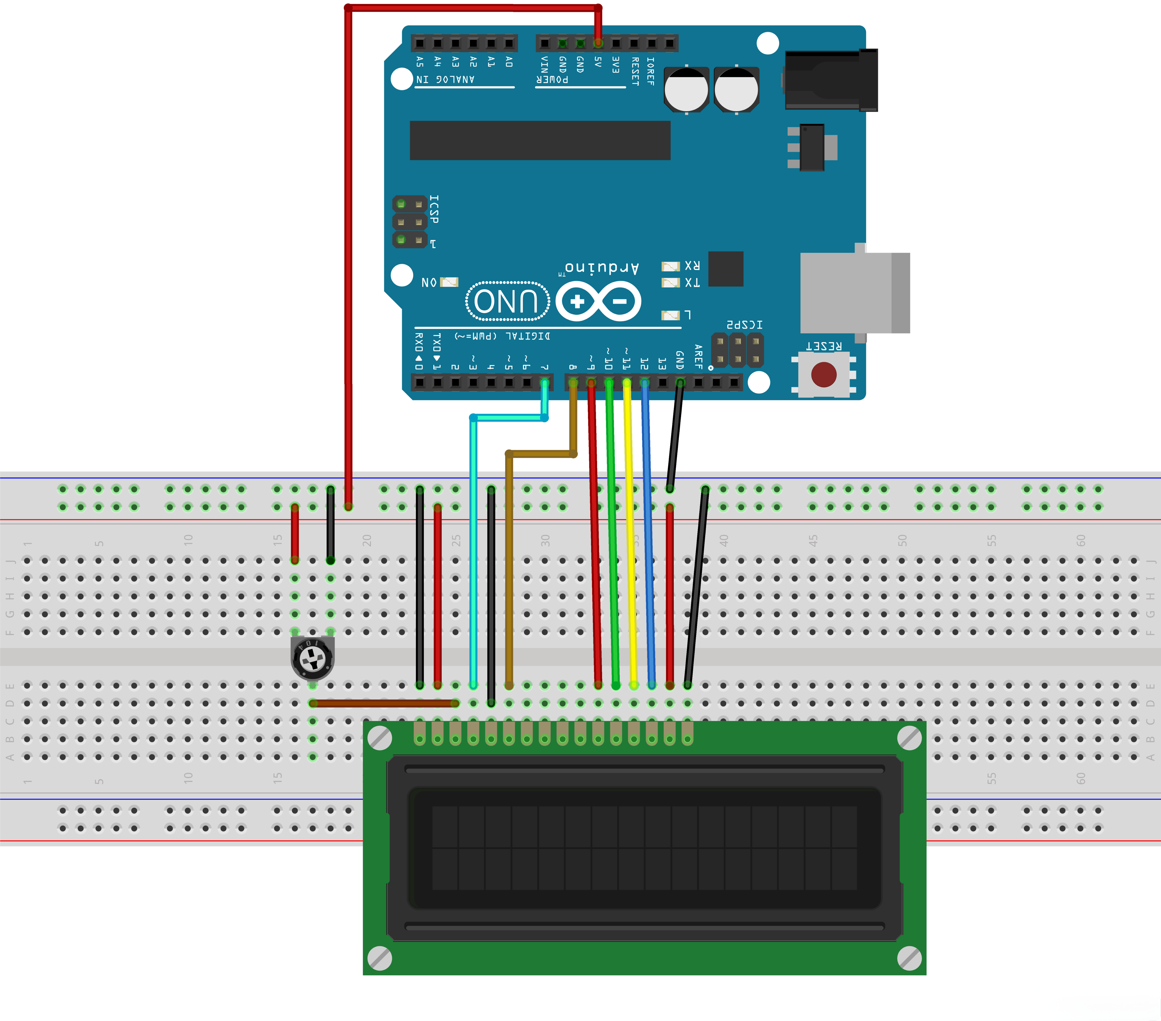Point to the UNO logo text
507,301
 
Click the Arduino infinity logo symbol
598,301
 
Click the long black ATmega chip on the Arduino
540,140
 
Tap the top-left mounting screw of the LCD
379,738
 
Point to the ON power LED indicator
449,282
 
